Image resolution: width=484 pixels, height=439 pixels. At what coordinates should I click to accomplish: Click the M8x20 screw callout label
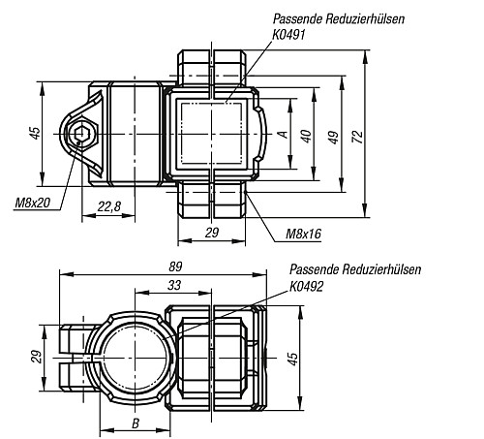[x=33, y=203]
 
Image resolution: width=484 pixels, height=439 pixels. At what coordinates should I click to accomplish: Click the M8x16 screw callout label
[x=303, y=234]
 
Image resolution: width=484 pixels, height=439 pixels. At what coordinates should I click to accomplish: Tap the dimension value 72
[x=358, y=137]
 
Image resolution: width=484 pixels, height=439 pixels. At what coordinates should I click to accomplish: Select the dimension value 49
[x=334, y=137]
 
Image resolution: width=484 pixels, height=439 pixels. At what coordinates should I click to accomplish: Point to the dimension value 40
[x=306, y=136]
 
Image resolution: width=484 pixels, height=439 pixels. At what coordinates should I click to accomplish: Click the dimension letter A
[x=283, y=134]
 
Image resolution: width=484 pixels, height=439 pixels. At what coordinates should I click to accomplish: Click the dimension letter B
[x=136, y=423]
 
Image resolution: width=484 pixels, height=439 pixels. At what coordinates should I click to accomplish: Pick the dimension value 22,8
[x=109, y=206]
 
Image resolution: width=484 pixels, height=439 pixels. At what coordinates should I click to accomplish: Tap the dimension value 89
[x=175, y=267]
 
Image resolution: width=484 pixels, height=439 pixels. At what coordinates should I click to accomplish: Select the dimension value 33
[x=174, y=285]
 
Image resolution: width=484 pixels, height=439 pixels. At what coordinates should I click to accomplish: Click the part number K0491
[x=288, y=35]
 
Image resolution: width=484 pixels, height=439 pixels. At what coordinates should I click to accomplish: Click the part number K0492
[x=306, y=286]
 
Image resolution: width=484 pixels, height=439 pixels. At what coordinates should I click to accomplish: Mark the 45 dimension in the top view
[x=35, y=133]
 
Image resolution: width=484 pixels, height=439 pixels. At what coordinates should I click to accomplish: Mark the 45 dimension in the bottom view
[x=292, y=359]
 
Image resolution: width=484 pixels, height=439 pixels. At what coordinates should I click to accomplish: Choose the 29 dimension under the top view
[x=212, y=233]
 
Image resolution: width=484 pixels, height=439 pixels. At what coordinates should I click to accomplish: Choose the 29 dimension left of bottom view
[x=37, y=357]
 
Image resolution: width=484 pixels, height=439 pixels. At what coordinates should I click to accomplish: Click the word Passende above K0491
[x=297, y=18]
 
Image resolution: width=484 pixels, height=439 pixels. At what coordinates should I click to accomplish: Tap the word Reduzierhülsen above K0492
[x=382, y=269]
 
